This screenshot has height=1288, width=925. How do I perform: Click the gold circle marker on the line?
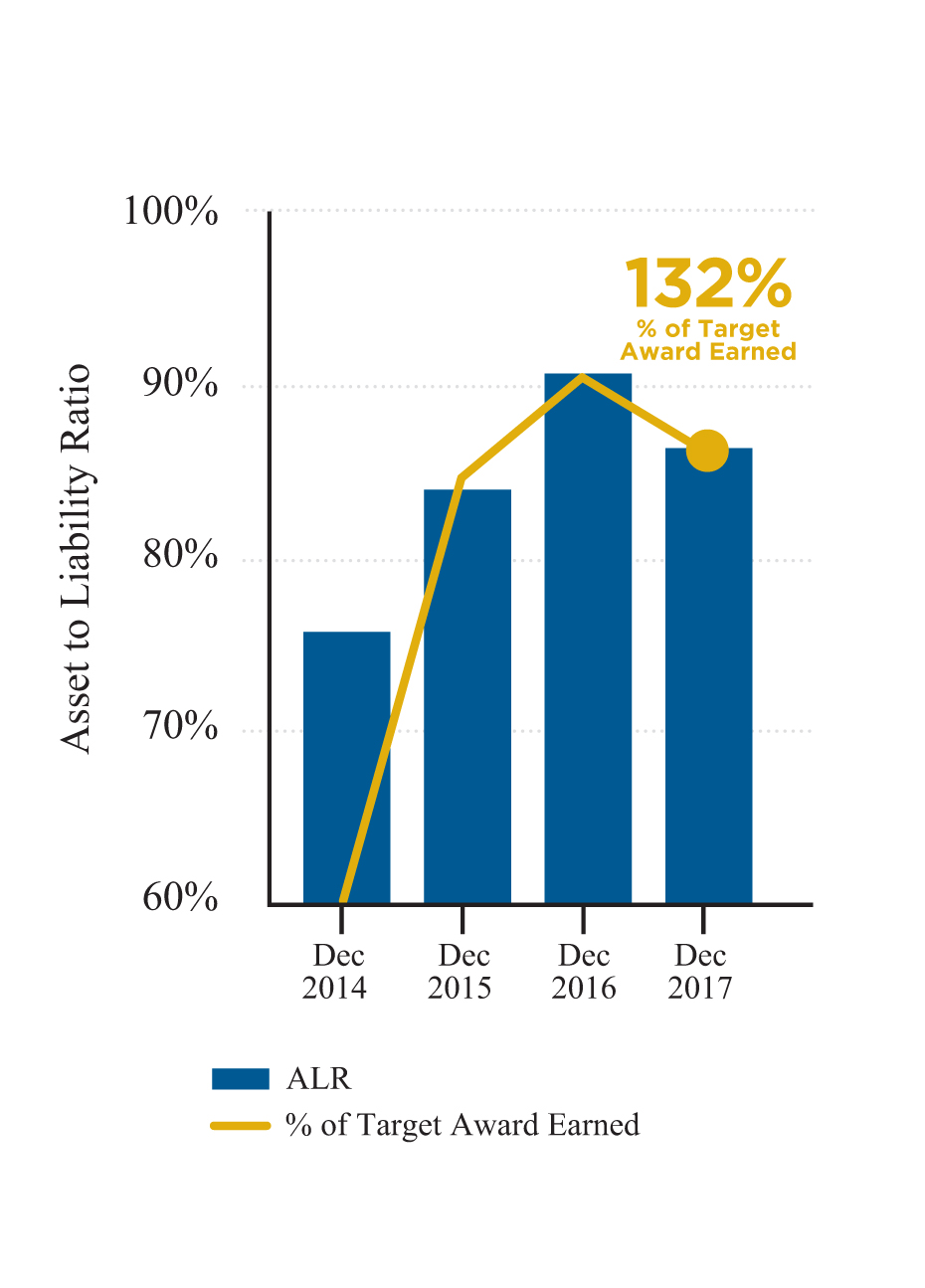point(707,451)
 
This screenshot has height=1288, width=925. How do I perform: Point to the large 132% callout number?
point(707,283)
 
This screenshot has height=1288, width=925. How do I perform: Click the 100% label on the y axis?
point(171,211)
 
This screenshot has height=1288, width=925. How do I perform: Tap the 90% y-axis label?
point(180,383)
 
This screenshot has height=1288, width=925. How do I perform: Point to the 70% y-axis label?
point(180,726)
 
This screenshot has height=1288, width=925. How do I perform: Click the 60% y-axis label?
point(180,897)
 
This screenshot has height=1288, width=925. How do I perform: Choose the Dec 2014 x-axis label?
point(335,972)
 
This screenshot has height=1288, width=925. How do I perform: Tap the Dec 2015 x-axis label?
point(461,972)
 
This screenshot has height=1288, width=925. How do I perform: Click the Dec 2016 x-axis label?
point(584,972)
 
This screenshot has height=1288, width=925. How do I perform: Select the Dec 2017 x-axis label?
point(700,972)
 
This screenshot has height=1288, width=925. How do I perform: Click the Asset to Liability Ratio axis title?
point(76,558)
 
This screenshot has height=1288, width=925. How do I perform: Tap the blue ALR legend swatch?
point(240,1079)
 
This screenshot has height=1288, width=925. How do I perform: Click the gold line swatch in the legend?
point(240,1126)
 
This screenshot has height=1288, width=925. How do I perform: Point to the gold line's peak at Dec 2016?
point(583,377)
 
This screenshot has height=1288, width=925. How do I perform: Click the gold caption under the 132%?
point(708,340)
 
